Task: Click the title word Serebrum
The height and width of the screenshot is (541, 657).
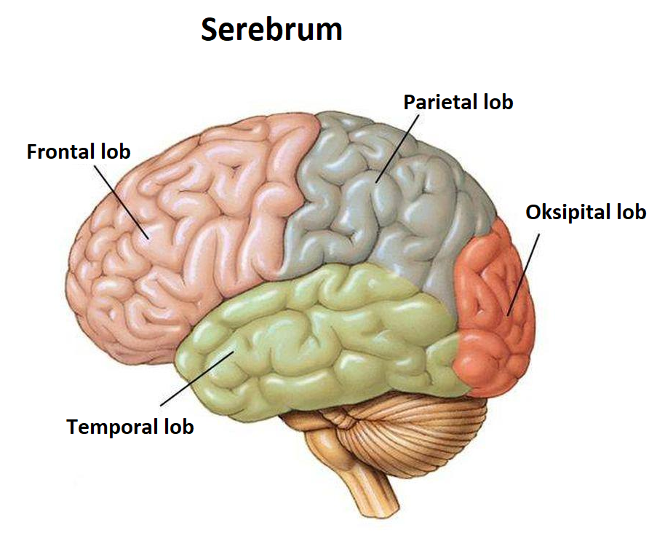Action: pyautogui.click(x=271, y=30)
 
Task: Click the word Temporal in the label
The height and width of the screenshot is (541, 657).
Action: pyautogui.click(x=111, y=427)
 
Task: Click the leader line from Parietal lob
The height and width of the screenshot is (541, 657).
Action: pyautogui.click(x=397, y=146)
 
